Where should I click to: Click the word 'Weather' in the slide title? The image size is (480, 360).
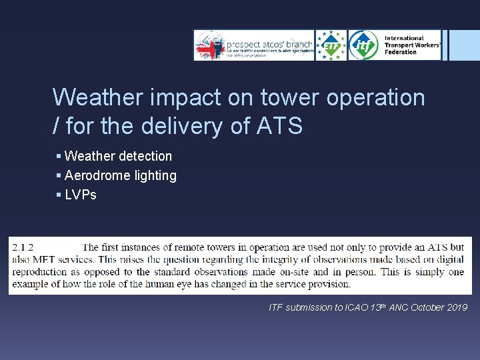tap(98, 97)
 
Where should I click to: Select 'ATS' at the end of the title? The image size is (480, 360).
tap(279, 125)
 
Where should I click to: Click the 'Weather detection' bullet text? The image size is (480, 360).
tap(118, 156)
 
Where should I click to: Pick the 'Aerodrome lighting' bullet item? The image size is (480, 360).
tap(121, 175)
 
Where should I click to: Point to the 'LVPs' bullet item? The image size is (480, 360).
tap(81, 195)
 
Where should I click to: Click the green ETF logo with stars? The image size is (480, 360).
tap(331, 45)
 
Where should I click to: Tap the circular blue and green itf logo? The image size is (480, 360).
tap(364, 45)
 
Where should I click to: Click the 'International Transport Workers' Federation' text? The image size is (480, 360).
tap(411, 45)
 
